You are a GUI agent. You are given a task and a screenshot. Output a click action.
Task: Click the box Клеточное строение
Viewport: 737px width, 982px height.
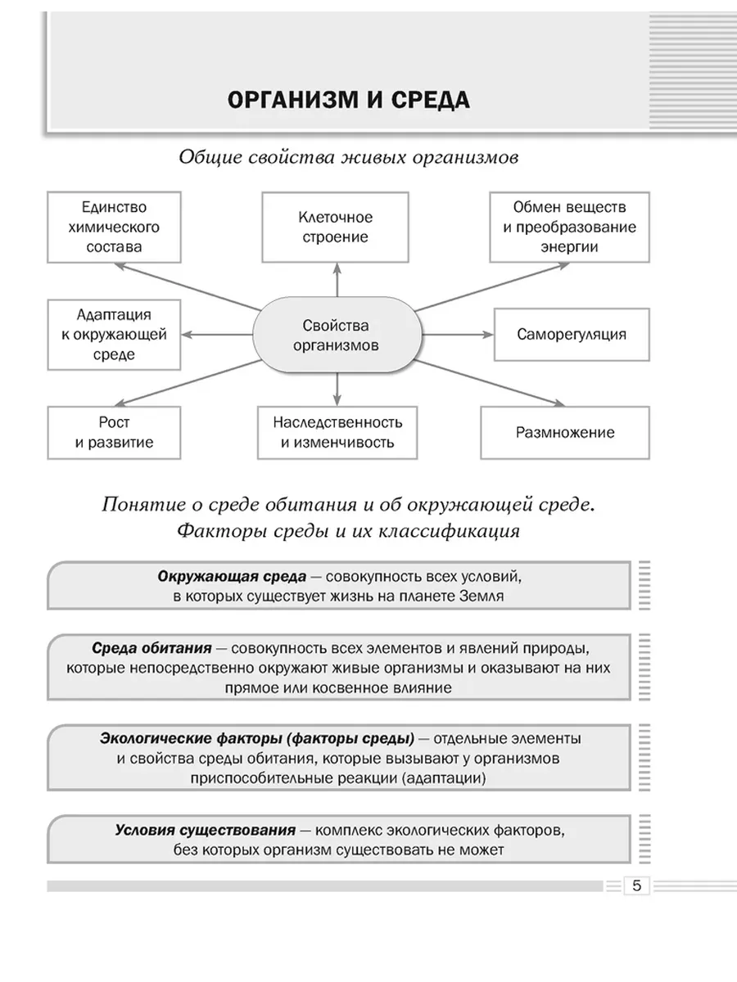(335, 227)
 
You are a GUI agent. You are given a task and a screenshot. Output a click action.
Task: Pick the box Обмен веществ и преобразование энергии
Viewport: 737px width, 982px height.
(569, 227)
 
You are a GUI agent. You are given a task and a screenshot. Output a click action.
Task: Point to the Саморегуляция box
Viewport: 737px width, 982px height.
(572, 334)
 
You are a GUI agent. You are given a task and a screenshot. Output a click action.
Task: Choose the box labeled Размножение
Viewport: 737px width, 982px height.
(565, 432)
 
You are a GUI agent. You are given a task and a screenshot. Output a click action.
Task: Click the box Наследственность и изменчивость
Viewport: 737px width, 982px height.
(337, 432)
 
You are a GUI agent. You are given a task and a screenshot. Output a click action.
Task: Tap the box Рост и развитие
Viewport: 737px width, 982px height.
(114, 432)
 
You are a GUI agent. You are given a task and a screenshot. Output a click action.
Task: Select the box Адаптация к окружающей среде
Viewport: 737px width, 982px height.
(114, 334)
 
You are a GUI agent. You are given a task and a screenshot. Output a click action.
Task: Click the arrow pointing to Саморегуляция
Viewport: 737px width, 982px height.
(459, 335)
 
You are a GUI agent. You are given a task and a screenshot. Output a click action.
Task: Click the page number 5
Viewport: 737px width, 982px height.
(636, 885)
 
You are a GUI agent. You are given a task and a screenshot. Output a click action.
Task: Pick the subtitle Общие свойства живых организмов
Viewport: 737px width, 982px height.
(348, 158)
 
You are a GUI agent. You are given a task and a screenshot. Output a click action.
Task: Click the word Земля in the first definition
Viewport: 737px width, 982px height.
(482, 597)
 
